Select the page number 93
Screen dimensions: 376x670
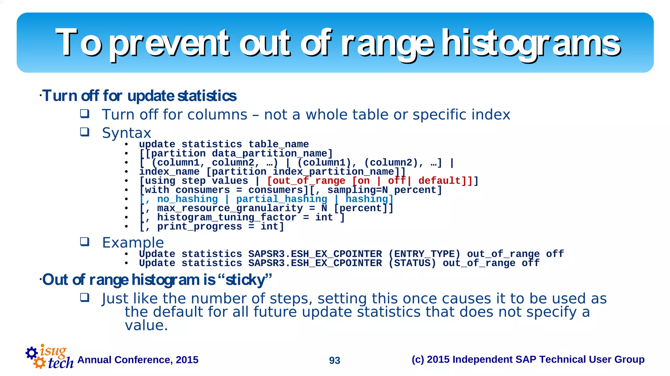334,360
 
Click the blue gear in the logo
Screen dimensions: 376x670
32,353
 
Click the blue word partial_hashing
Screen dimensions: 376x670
281,199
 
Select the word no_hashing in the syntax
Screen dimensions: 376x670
187,199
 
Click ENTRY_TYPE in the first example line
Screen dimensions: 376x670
424,254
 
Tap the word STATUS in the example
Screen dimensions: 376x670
412,263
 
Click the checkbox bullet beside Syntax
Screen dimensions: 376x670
85,132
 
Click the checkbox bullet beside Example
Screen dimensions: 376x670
85,242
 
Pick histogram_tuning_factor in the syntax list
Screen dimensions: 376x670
226,217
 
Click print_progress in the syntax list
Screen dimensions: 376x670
199,227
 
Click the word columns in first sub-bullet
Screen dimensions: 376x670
217,115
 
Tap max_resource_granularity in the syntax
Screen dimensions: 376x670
230,208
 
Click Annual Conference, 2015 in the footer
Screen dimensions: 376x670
138,360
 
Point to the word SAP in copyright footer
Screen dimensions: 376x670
526,360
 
